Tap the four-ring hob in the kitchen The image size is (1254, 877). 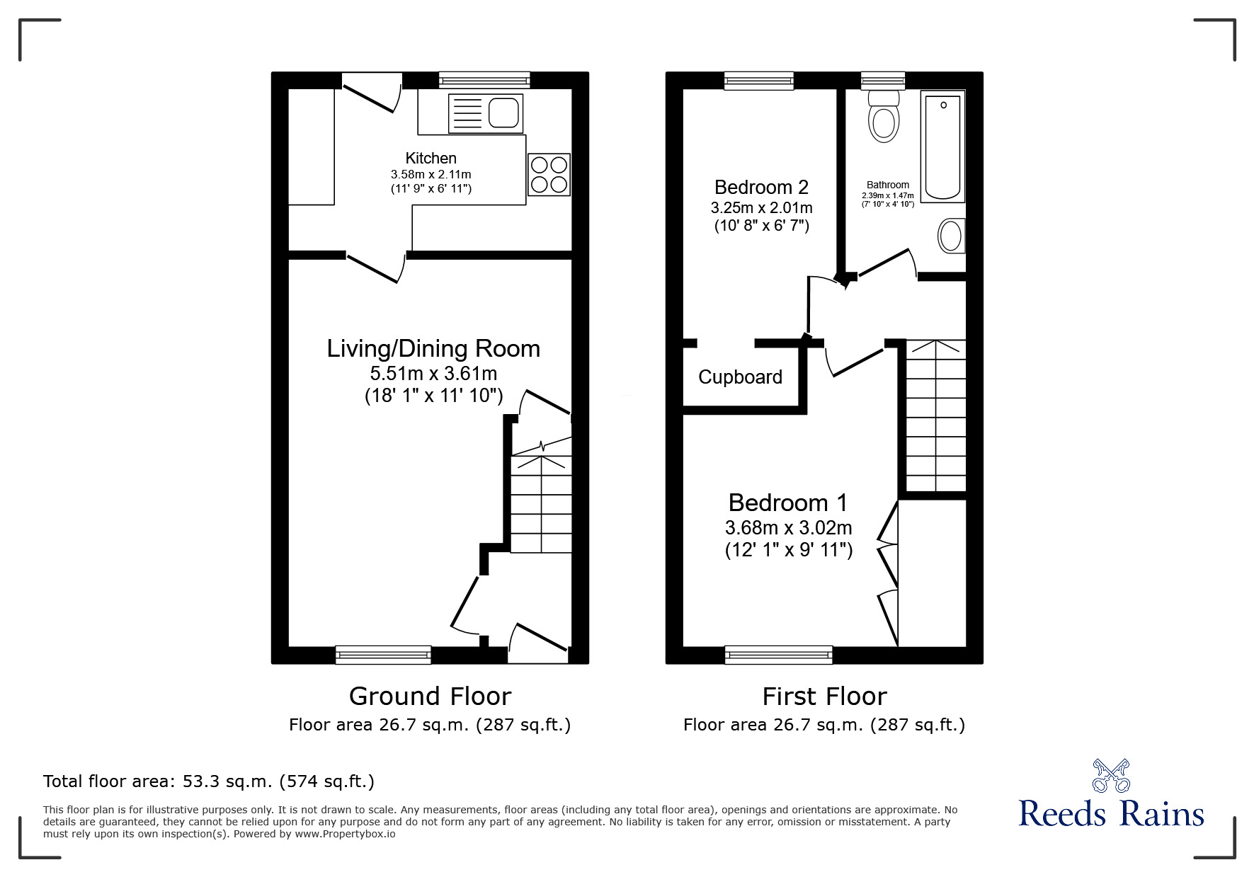point(549,174)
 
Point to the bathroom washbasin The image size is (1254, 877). point(951,235)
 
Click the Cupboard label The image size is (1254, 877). point(740,377)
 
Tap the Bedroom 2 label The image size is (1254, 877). point(761,188)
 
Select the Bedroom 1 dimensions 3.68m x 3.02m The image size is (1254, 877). point(788,528)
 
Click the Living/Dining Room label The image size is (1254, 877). point(433,348)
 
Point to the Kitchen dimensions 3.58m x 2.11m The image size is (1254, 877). point(431,174)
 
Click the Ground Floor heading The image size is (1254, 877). point(430,697)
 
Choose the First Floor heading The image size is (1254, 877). point(824,697)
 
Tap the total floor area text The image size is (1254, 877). point(209,781)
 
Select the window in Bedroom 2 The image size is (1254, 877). point(759,81)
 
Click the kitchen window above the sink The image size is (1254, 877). point(484,80)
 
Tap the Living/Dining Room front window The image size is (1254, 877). point(383,655)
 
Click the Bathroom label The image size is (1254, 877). point(887,185)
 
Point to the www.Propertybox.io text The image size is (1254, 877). point(345,834)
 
